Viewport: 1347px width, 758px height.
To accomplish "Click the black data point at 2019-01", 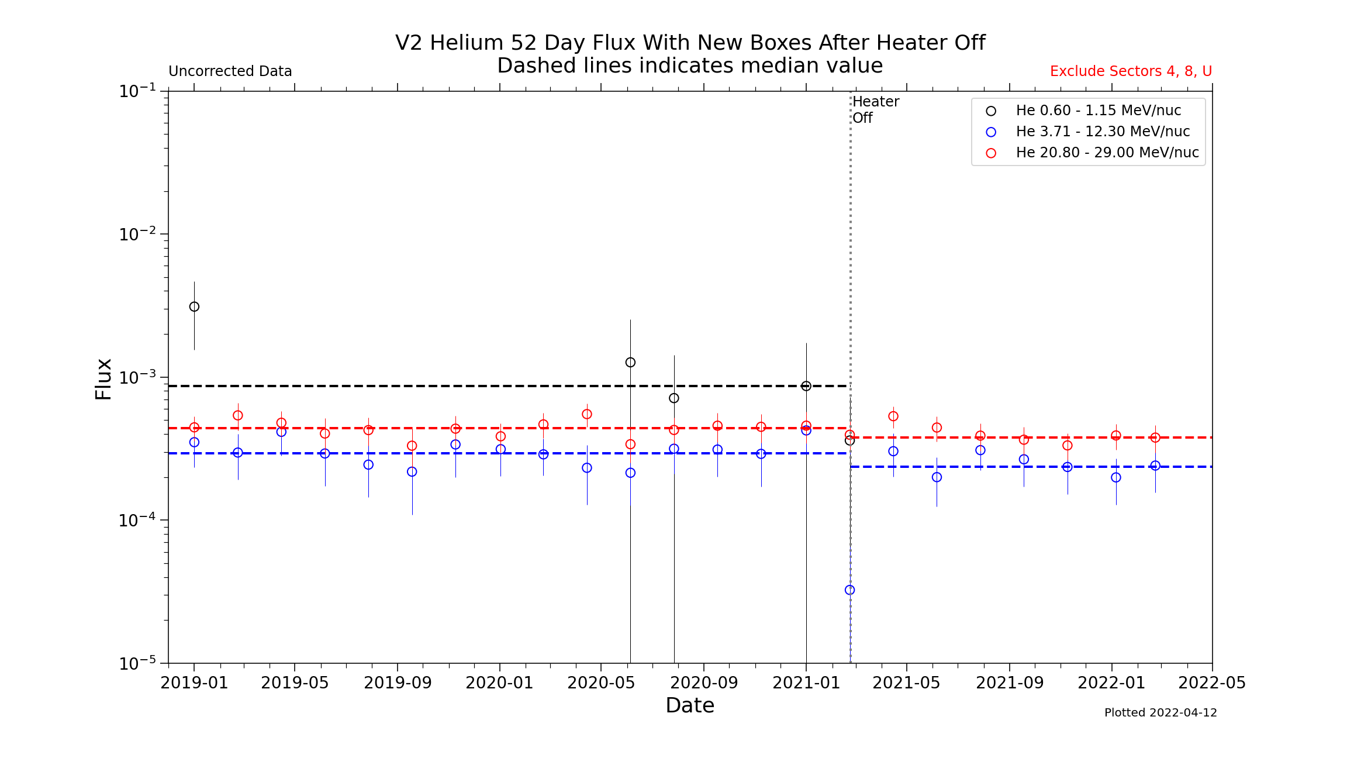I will (194, 306).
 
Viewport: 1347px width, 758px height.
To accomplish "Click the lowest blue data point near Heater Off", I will (849, 590).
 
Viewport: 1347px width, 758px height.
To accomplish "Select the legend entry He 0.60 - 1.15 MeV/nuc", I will (1098, 111).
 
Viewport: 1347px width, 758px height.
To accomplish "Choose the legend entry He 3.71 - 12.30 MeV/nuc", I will (1102, 132).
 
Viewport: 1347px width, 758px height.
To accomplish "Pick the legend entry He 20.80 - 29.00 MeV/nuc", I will (1107, 153).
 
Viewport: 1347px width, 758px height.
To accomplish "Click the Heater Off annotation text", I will (875, 109).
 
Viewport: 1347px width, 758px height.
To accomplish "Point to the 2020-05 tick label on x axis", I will (601, 683).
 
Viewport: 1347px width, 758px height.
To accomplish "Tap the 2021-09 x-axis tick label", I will (1010, 683).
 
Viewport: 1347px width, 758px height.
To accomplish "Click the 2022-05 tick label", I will (1212, 683).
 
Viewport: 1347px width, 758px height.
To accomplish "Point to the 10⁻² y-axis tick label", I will (137, 234).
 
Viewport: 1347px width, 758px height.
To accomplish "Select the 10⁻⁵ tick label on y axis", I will (137, 663).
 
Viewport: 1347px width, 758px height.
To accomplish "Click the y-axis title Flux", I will (103, 379).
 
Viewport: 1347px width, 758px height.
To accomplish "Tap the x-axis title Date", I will (690, 705).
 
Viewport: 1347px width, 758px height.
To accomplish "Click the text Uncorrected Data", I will (230, 71).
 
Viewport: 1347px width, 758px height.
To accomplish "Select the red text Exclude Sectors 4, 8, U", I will (1131, 71).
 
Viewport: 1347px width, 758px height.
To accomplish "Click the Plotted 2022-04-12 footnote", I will (1161, 712).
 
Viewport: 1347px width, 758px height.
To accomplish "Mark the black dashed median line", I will (409, 386).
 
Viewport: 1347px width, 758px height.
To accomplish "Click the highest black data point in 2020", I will (630, 363).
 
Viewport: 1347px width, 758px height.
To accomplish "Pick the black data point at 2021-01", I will (806, 386).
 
